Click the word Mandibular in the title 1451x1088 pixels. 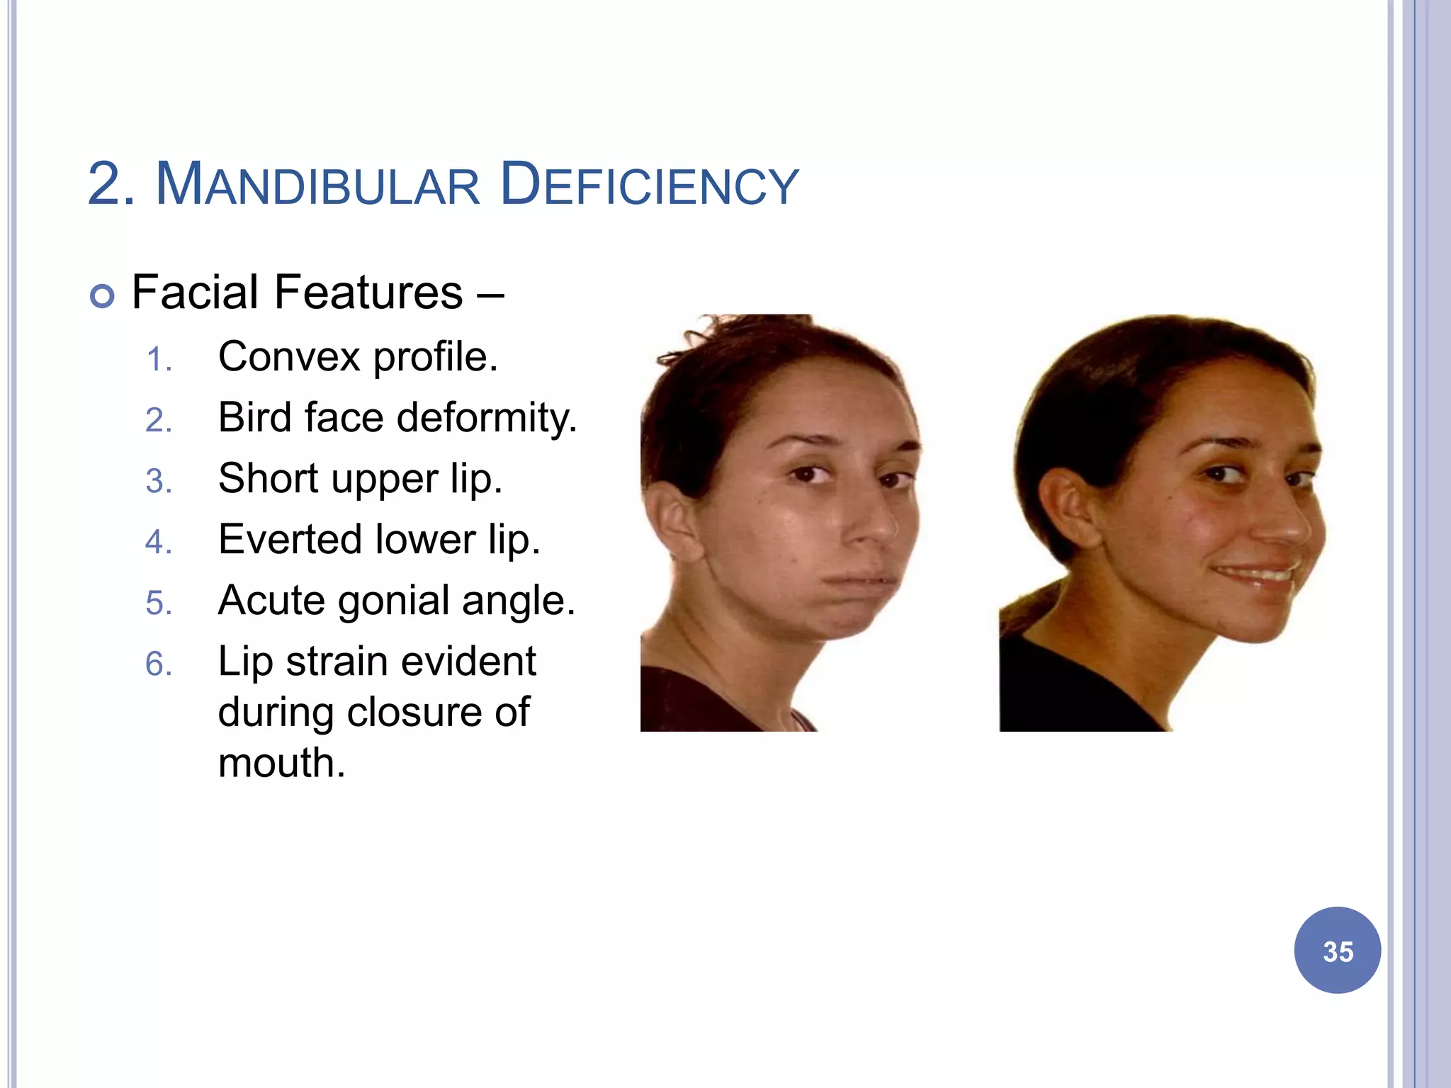(318, 185)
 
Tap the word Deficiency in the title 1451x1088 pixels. (649, 185)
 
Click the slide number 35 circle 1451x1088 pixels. (1337, 951)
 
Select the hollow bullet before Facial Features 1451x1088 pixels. (103, 295)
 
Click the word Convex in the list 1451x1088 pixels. (289, 356)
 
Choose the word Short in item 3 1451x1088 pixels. (268, 478)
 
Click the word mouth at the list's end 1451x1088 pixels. (281, 764)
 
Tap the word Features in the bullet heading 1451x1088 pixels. (368, 293)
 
